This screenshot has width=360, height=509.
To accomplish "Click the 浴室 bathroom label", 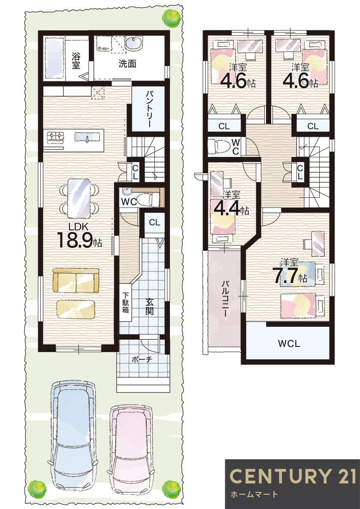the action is [76, 60].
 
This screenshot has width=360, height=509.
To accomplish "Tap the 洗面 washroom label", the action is [127, 63].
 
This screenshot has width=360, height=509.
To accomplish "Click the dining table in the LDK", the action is [79, 199].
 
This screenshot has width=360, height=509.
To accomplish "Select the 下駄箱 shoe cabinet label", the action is [125, 303].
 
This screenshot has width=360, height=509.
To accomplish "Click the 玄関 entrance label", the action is [149, 307].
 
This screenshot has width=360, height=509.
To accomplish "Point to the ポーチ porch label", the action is [142, 359].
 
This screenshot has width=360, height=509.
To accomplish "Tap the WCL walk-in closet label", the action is [289, 343].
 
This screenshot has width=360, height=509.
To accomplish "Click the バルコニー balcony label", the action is [224, 298].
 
